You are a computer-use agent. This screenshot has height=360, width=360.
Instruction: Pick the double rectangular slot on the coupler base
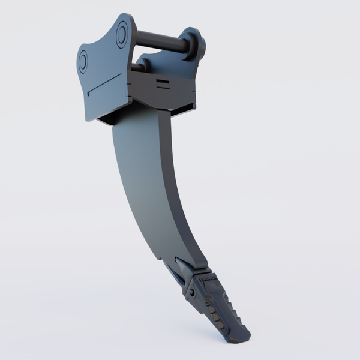[x=163, y=83]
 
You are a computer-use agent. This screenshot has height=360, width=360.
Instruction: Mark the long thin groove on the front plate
[x=107, y=84]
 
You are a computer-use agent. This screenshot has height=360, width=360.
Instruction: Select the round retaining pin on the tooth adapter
[x=193, y=292]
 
